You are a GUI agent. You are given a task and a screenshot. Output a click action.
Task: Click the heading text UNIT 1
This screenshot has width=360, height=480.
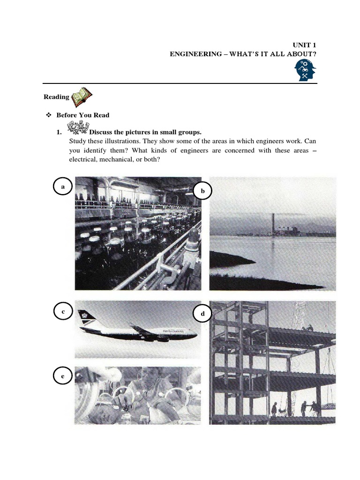(x=307, y=45)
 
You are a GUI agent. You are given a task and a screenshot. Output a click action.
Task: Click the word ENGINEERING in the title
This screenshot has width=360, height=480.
(x=195, y=54)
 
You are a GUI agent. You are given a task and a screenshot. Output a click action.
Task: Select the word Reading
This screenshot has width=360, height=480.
(x=56, y=97)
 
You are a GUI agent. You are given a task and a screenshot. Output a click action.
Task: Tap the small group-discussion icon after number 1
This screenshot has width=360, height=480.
(x=77, y=127)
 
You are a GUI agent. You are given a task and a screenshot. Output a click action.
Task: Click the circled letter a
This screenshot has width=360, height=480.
(x=62, y=186)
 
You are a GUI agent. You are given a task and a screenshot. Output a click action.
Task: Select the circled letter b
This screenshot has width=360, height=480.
(x=203, y=191)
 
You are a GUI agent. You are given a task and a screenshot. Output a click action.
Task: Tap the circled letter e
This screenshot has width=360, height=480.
(x=62, y=376)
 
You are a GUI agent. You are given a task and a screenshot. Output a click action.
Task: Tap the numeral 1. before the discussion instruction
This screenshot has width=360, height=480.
(x=59, y=132)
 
